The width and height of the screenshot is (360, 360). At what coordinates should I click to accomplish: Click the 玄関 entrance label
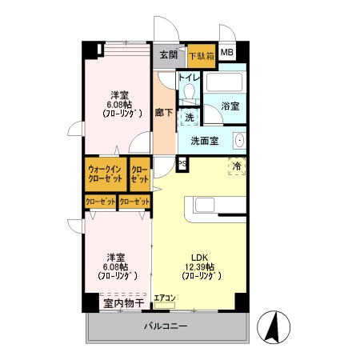168,56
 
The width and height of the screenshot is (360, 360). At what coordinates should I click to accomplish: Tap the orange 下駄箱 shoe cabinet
201,56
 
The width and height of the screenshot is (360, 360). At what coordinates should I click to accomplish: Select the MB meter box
228,54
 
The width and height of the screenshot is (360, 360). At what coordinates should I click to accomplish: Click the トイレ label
189,78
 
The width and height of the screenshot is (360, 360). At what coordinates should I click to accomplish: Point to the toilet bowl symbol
189,93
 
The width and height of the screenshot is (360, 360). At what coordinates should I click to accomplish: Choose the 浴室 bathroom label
230,106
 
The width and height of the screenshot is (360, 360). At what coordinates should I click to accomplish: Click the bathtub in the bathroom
228,83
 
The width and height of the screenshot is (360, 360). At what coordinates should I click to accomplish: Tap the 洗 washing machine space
189,117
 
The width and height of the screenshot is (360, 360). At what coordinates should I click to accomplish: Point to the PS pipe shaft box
182,165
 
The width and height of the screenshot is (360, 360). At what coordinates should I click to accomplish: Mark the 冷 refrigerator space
237,166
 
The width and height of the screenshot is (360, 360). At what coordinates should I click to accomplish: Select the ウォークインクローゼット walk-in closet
105,174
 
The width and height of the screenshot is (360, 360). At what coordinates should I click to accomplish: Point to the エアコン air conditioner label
165,298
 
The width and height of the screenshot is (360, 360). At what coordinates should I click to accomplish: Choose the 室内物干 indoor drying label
122,303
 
